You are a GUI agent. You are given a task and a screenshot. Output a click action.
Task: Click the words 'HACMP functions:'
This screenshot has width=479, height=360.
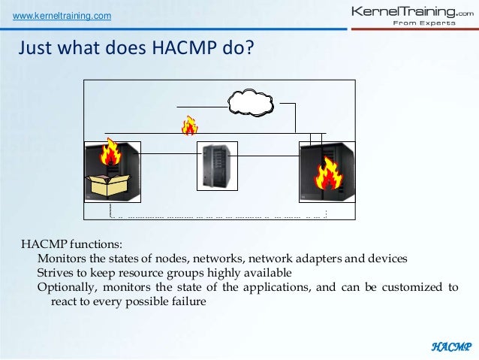point(71,245)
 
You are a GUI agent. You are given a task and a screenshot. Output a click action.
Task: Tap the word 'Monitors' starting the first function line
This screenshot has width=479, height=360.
point(62,259)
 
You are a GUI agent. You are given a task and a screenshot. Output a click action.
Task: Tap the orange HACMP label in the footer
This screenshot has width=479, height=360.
point(450,346)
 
